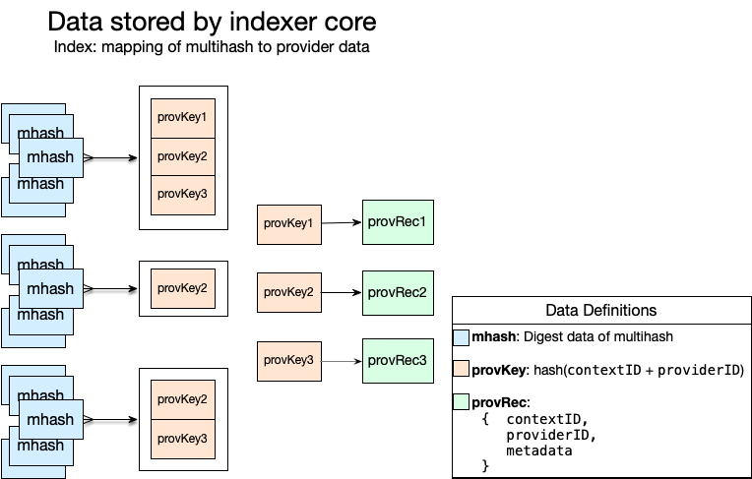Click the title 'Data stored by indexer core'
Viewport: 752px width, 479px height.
click(212, 22)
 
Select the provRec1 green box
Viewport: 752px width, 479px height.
click(397, 222)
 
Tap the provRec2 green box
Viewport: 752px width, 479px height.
click(397, 292)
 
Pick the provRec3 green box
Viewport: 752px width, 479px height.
click(397, 361)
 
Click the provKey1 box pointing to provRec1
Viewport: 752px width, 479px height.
click(288, 224)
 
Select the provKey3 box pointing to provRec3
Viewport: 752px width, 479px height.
click(288, 362)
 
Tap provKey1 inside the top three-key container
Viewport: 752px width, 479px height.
click(182, 118)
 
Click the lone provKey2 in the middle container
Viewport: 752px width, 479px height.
click(182, 288)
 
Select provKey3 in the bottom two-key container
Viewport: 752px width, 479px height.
click(182, 438)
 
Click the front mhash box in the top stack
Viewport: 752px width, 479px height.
click(50, 157)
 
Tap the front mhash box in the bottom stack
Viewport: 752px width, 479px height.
click(50, 420)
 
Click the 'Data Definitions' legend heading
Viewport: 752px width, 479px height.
click(600, 310)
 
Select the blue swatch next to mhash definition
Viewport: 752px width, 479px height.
click(462, 337)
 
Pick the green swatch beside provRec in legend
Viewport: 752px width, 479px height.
click(462, 402)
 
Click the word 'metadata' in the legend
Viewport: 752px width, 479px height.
click(538, 450)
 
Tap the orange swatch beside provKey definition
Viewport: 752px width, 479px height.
click(462, 370)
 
